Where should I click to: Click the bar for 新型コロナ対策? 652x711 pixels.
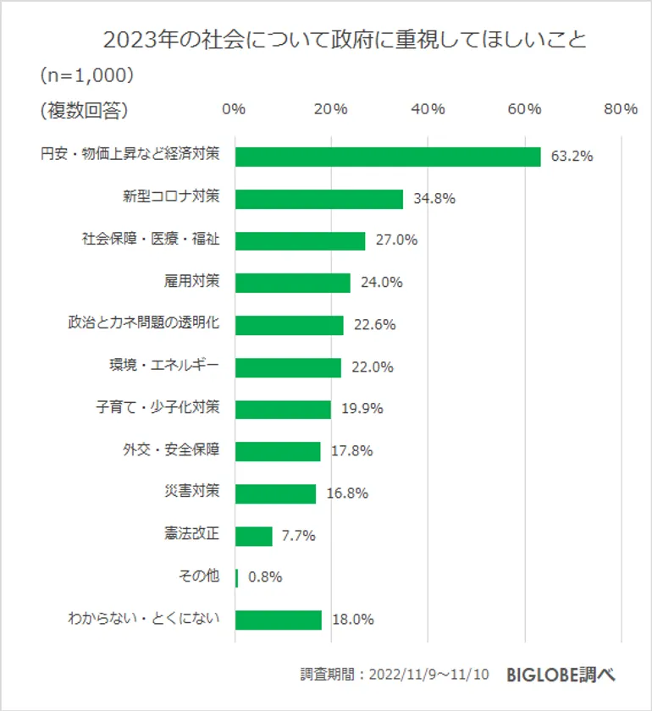click(318, 199)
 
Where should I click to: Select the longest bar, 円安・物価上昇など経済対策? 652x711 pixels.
click(387, 157)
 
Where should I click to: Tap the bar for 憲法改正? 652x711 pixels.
click(253, 536)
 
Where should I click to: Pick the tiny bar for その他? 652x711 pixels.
click(236, 577)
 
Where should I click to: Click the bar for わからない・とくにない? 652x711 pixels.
click(278, 620)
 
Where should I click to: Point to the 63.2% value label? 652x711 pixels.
click(572, 157)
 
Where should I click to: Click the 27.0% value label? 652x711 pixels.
click(397, 240)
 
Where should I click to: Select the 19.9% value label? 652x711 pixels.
click(362, 409)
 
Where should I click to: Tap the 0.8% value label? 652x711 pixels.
click(265, 577)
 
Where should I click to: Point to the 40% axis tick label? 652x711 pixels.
click(428, 109)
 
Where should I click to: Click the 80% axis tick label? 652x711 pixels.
click(622, 109)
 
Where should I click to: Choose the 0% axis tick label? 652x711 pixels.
click(234, 109)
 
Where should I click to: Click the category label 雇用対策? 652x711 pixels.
click(191, 281)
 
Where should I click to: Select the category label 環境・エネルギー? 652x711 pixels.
click(164, 366)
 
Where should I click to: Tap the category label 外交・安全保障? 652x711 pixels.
click(171, 449)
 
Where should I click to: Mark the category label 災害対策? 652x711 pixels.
click(191, 492)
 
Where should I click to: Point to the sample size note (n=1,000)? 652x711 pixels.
click(87, 74)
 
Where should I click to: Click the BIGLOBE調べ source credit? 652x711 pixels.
click(561, 675)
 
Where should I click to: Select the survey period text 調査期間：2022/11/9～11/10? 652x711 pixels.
click(395, 675)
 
